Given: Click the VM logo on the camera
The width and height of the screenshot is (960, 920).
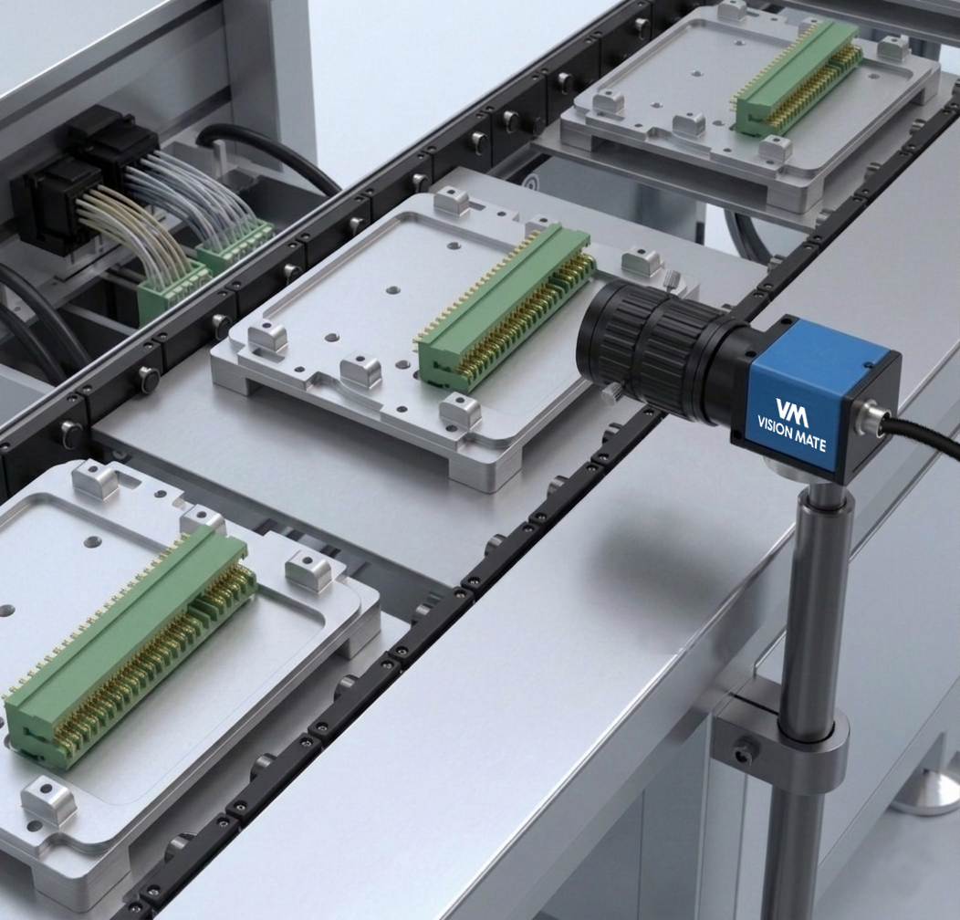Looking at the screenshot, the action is [792, 412].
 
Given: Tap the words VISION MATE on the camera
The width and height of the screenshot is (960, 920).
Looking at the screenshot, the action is [792, 434].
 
